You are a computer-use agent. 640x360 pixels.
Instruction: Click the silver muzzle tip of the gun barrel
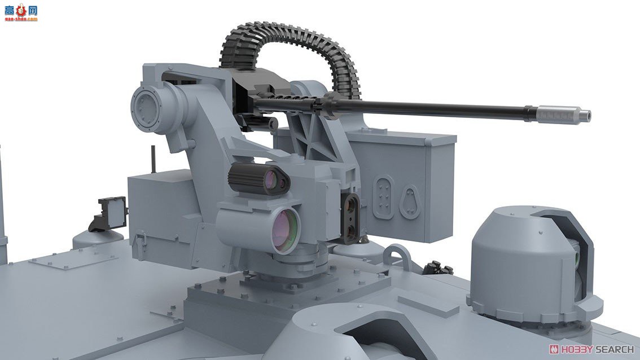pyautogui.click(x=563, y=113)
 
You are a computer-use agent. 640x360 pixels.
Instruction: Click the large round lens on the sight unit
pyautogui.click(x=284, y=230)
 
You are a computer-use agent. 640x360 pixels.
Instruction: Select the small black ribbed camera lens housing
pyautogui.click(x=258, y=178)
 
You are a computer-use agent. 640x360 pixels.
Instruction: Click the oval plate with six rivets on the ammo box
pyautogui.click(x=383, y=197)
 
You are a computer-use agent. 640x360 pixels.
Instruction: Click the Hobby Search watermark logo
pyautogui.click(x=591, y=349)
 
